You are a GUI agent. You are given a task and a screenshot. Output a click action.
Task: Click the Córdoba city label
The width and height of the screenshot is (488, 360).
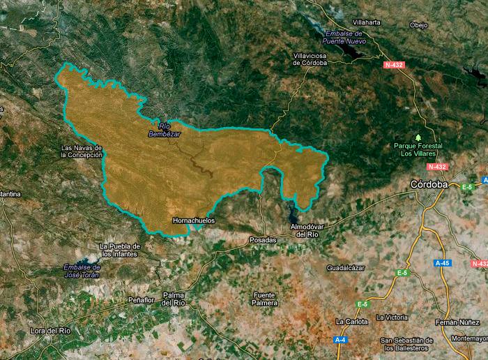coord(428,183)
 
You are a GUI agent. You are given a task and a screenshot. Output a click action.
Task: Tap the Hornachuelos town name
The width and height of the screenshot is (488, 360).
coord(193,220)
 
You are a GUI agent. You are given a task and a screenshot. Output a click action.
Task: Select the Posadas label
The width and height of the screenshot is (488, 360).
coord(263,239)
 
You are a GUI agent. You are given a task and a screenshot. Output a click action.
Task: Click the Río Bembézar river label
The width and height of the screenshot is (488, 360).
coord(164,130)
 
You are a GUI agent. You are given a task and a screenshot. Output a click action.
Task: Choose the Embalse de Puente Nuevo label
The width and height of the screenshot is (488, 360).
coord(344,37)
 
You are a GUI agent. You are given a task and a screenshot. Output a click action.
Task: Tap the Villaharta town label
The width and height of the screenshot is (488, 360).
coord(367,22)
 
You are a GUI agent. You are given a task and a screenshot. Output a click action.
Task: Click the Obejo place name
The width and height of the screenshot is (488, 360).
coord(418,25)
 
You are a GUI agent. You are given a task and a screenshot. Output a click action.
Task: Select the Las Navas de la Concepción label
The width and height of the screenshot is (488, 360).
coord(82,151)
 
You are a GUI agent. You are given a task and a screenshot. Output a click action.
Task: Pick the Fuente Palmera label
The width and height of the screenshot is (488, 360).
coord(265,299)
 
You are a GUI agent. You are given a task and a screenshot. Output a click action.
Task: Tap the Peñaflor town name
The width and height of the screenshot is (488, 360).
coord(141,299)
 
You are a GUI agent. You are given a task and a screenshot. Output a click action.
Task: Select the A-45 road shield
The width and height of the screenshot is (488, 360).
coord(442,263)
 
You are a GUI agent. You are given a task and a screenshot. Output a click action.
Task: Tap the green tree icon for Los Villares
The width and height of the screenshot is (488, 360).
coord(418,137)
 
